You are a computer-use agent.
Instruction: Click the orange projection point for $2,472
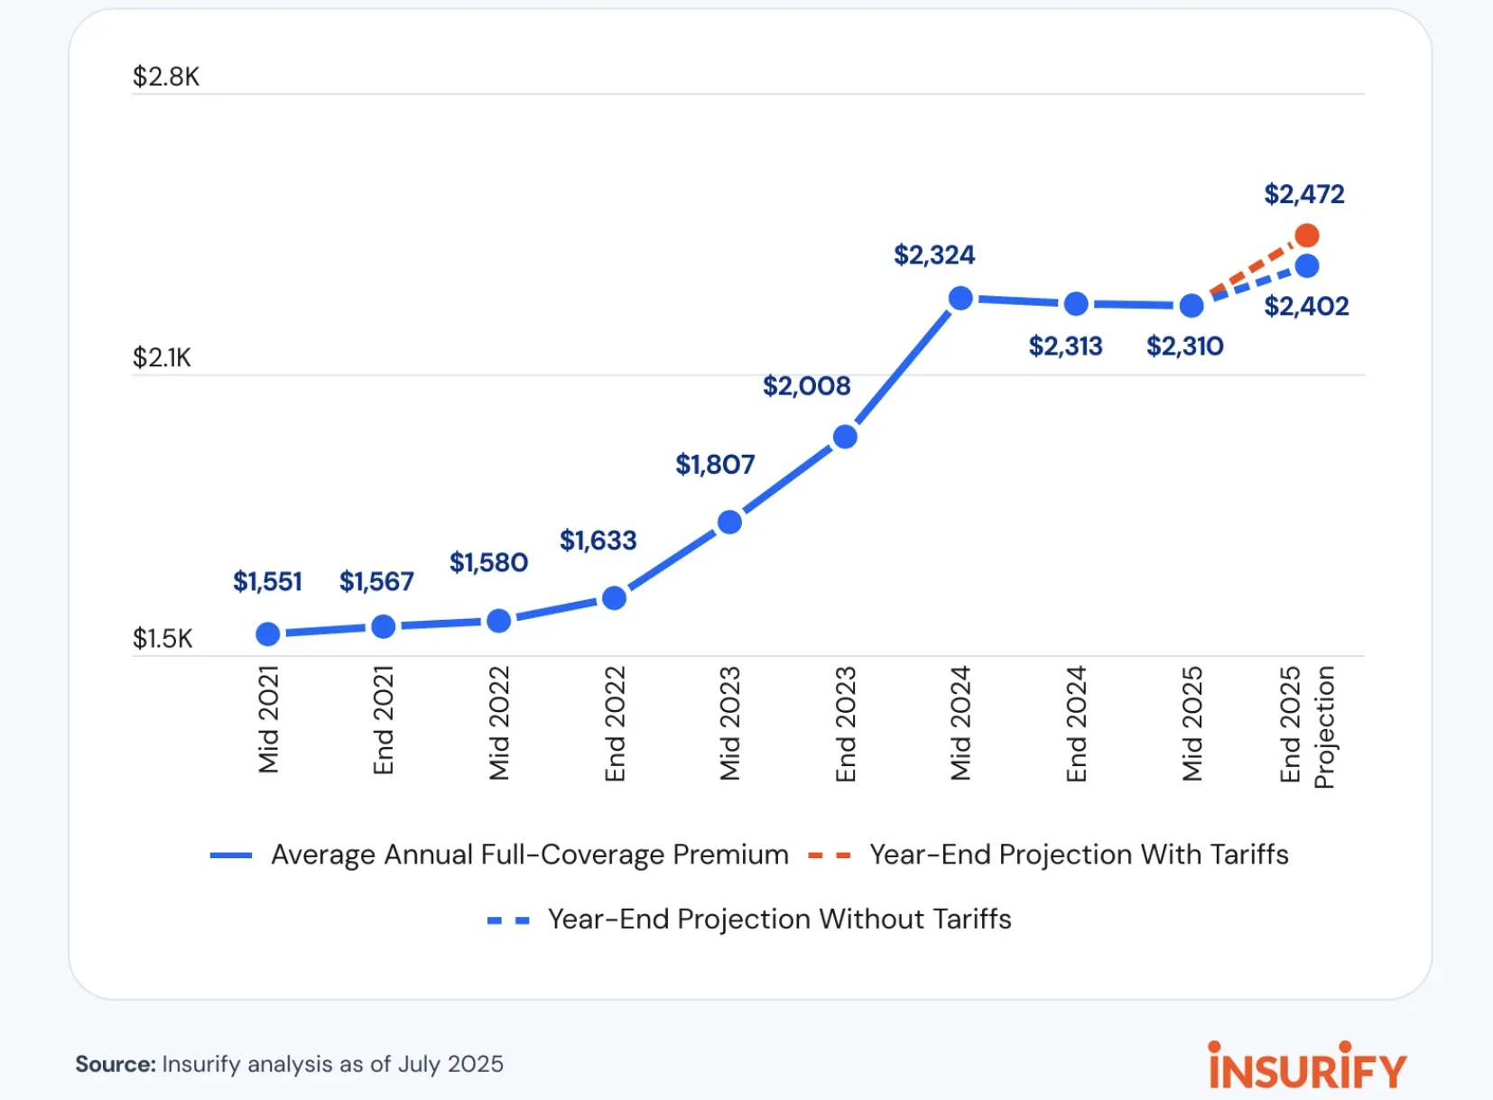(x=1306, y=236)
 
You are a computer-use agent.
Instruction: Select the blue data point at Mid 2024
(x=960, y=298)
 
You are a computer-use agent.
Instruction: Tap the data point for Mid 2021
(x=268, y=634)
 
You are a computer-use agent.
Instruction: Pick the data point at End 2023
(x=845, y=437)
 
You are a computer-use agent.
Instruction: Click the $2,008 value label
(x=806, y=386)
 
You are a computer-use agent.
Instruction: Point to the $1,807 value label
(x=715, y=465)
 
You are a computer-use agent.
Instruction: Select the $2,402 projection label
(x=1305, y=307)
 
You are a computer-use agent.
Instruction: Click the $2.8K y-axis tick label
(x=165, y=77)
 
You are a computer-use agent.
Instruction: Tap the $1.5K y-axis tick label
(x=162, y=639)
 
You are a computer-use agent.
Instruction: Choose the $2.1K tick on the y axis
(x=162, y=358)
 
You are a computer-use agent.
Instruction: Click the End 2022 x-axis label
(x=615, y=724)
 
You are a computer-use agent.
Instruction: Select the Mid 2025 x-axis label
(x=1192, y=724)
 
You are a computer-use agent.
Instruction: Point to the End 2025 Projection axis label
(x=1306, y=726)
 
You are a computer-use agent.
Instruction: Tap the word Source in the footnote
(x=116, y=1065)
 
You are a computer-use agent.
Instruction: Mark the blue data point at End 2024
(x=1076, y=304)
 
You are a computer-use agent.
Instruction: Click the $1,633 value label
(x=598, y=541)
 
